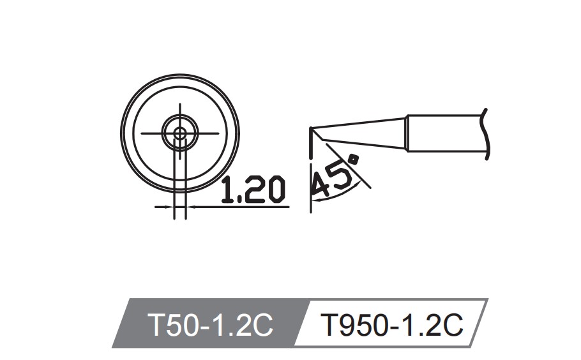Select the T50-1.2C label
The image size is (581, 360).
click(210, 325)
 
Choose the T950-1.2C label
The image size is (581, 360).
click(391, 325)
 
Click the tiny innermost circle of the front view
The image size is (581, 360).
click(180, 133)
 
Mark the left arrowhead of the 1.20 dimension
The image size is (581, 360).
click(170, 207)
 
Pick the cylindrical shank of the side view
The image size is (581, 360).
click(447, 133)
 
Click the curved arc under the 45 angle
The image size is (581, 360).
click(345, 195)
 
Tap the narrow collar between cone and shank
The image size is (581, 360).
click(407, 133)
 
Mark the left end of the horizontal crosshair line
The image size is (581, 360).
click(141, 133)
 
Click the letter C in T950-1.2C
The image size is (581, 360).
click(451, 325)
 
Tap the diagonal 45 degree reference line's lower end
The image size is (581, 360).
click(370, 188)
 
